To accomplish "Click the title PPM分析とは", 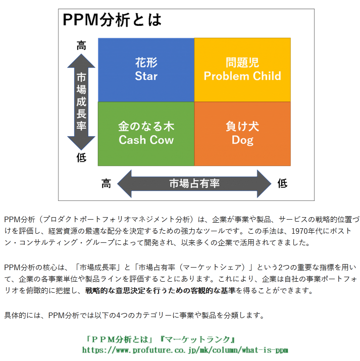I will point(112,20).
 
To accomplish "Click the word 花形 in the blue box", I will point(146,63).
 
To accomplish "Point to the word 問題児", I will point(242,63).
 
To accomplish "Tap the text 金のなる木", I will point(146,126).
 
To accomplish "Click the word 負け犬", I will point(242,126).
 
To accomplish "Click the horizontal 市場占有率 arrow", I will point(194,183).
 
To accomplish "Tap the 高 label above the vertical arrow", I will point(81,45).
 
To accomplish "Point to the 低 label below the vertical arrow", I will point(81,157).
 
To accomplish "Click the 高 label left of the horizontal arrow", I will point(106,183).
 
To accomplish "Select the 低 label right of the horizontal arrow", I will point(282,183).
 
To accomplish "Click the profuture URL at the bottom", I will point(185,349).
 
